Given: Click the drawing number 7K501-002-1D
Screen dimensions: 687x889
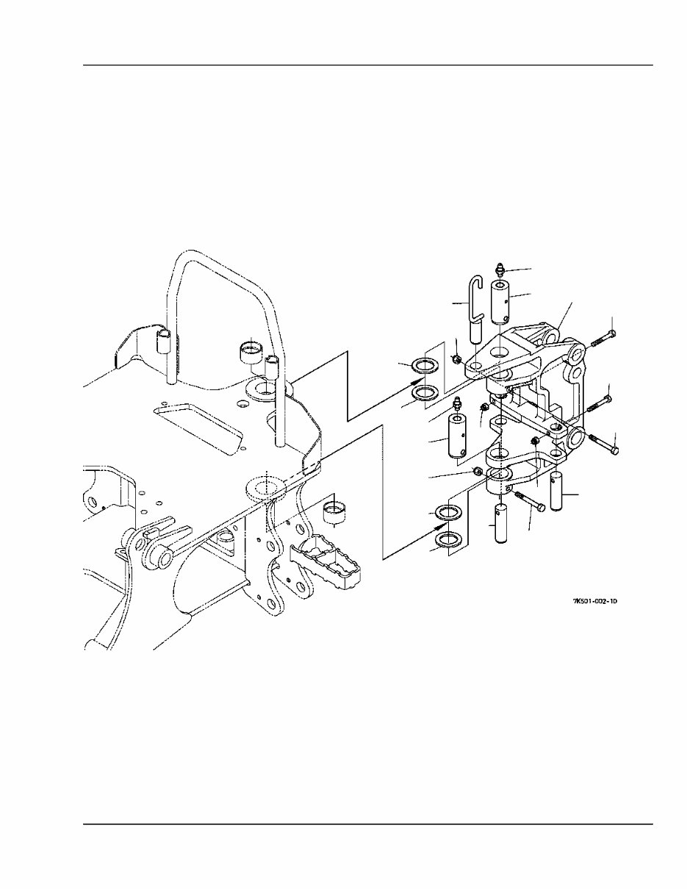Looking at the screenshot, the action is [x=594, y=600].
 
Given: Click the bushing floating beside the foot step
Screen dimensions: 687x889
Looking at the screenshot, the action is [x=336, y=512].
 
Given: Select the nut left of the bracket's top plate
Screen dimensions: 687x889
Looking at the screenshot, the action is [x=457, y=359].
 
